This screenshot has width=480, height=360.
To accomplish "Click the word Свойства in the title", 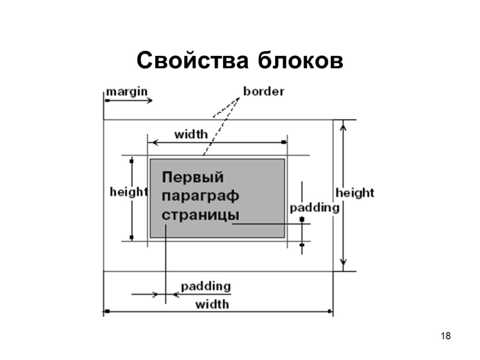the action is pyautogui.click(x=192, y=61).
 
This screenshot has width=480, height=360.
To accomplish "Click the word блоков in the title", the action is pyautogui.click(x=300, y=61).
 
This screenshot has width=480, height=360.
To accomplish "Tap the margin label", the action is pyautogui.click(x=127, y=91).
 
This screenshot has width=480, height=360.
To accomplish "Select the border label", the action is pyautogui.click(x=263, y=91).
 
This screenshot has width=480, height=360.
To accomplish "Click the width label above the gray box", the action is pyautogui.click(x=191, y=135).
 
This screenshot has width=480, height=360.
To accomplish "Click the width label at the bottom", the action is pyautogui.click(x=212, y=304).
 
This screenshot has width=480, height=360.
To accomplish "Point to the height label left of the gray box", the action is pyautogui.click(x=128, y=192).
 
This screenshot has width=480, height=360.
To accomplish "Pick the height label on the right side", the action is pyautogui.click(x=355, y=193).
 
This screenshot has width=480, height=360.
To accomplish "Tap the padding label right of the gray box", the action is pyautogui.click(x=314, y=208).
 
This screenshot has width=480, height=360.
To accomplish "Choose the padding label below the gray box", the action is pyautogui.click(x=206, y=286).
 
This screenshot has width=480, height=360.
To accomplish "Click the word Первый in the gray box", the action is pyautogui.click(x=193, y=178).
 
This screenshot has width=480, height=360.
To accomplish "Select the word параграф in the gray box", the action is pyautogui.click(x=201, y=196).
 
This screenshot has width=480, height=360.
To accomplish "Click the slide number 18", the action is pyautogui.click(x=446, y=336).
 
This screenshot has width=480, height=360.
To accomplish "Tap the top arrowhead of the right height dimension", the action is pyautogui.click(x=344, y=125).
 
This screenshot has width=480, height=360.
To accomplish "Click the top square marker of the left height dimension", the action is pyautogui.click(x=132, y=161).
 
